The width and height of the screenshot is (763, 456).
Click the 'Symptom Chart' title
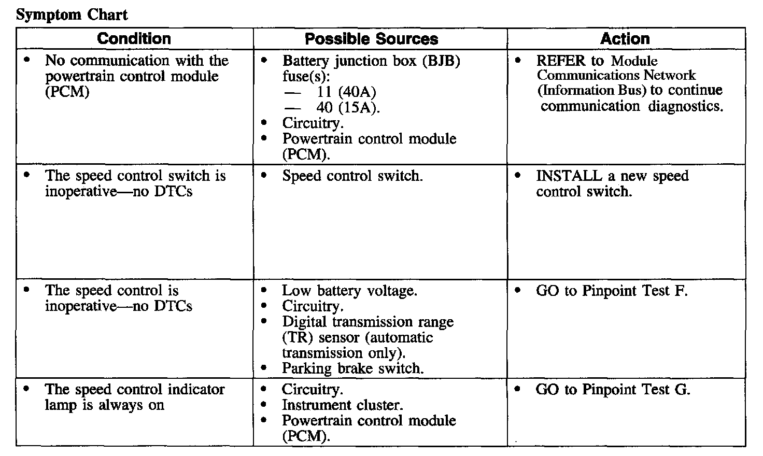[72, 15]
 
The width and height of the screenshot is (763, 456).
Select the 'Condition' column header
[134, 39]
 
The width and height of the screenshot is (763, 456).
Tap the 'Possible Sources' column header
[371, 39]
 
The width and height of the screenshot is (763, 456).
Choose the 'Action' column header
[625, 39]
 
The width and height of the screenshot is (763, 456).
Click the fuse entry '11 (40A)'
[346, 92]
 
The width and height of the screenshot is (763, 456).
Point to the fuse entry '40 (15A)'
[348, 108]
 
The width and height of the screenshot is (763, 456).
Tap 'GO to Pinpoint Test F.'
[612, 291]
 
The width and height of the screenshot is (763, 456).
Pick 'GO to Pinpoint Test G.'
[613, 389]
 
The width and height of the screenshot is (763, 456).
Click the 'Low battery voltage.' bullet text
[349, 291]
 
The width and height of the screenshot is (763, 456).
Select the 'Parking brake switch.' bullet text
[353, 368]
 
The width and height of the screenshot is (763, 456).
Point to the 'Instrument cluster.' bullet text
[342, 405]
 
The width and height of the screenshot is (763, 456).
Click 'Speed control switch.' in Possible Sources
[352, 176]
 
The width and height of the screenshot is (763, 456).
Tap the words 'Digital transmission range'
[368, 322]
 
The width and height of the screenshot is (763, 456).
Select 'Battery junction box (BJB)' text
[371, 61]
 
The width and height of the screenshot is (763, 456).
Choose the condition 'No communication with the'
[137, 61]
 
